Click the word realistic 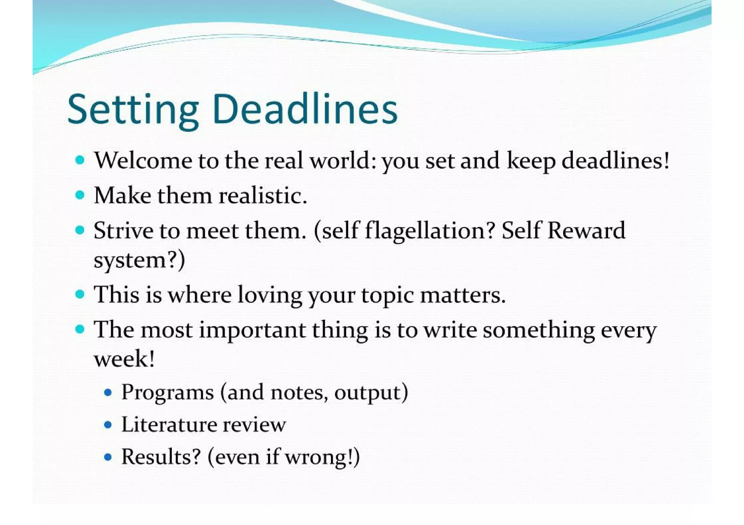(263, 196)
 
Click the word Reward (586, 230)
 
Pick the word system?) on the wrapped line (139, 260)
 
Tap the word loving (270, 295)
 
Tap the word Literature (169, 424)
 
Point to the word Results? (161, 457)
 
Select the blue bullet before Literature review (108, 424)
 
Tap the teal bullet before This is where (80, 294)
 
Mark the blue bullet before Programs (108, 393)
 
